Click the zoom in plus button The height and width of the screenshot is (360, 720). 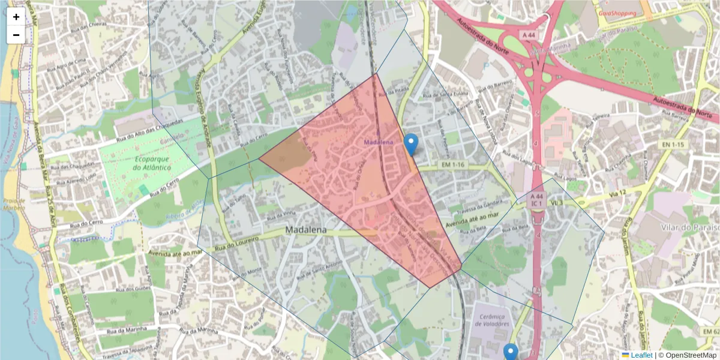(x=16, y=17)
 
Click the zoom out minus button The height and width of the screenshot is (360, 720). (x=16, y=35)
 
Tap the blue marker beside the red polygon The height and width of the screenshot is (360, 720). (x=411, y=145)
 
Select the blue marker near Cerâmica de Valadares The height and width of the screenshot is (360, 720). (x=511, y=352)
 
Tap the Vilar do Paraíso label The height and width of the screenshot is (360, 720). (x=692, y=228)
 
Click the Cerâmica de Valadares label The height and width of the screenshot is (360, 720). (x=491, y=320)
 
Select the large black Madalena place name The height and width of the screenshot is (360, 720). (x=306, y=230)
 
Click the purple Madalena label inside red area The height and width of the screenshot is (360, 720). (x=378, y=142)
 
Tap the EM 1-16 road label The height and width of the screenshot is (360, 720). (x=453, y=164)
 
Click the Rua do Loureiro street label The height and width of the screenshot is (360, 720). (x=236, y=243)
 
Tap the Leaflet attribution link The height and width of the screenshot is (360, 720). (x=641, y=355)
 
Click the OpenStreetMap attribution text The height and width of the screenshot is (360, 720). (x=687, y=355)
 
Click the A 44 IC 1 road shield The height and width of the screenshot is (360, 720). (x=537, y=200)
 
